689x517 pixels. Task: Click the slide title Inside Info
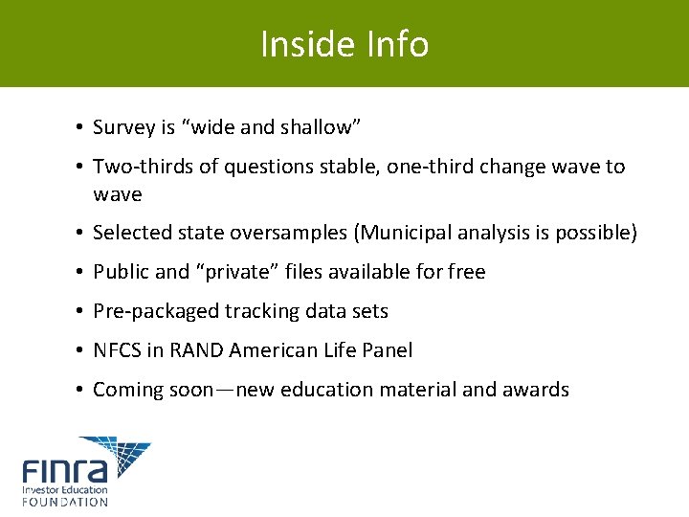click(344, 44)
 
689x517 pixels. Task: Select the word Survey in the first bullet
click(122, 127)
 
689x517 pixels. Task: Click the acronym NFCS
click(117, 350)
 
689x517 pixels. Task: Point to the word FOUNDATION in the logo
click(65, 501)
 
